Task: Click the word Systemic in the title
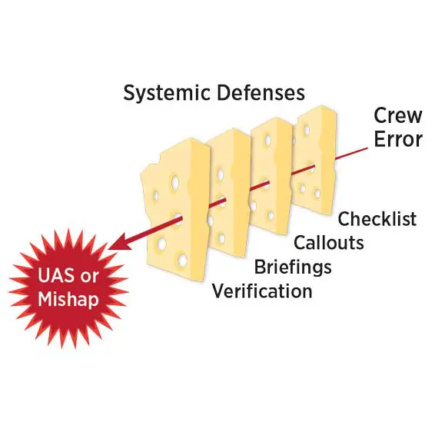tap(167, 93)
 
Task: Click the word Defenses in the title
tap(261, 92)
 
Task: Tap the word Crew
tap(398, 115)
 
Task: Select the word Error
tap(398, 139)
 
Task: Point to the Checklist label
tap(377, 218)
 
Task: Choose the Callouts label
tap(329, 242)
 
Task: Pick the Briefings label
tap(293, 267)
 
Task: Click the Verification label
tap(262, 291)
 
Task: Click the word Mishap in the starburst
tap(68, 300)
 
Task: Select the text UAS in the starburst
tap(56, 275)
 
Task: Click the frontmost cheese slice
tap(175, 210)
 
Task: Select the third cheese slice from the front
tap(272, 174)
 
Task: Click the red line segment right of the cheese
tap(351, 154)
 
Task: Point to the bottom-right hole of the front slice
tap(182, 260)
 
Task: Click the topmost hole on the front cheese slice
tap(174, 181)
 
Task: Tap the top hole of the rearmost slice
tap(307, 130)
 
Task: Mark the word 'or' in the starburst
tap(89, 277)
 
